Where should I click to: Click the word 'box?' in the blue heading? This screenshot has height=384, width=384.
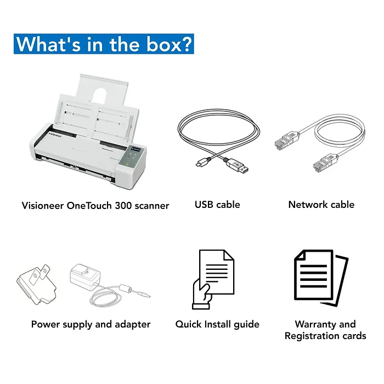[169, 44]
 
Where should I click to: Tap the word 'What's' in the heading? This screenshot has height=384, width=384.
[48, 44]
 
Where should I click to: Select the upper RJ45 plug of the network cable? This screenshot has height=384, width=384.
[286, 140]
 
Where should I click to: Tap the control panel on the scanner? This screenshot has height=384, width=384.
[131, 157]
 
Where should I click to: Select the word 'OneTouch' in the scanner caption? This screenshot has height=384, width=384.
[89, 206]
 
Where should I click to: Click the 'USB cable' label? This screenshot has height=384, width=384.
[217, 205]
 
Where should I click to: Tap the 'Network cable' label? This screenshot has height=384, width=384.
[321, 205]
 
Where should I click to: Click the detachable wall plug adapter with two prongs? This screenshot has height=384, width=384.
[37, 284]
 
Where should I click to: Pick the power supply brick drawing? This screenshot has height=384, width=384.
[85, 277]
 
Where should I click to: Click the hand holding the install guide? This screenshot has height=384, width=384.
[201, 295]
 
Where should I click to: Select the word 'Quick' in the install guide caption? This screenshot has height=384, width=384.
[188, 325]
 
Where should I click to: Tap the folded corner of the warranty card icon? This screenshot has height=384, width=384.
[300, 255]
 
